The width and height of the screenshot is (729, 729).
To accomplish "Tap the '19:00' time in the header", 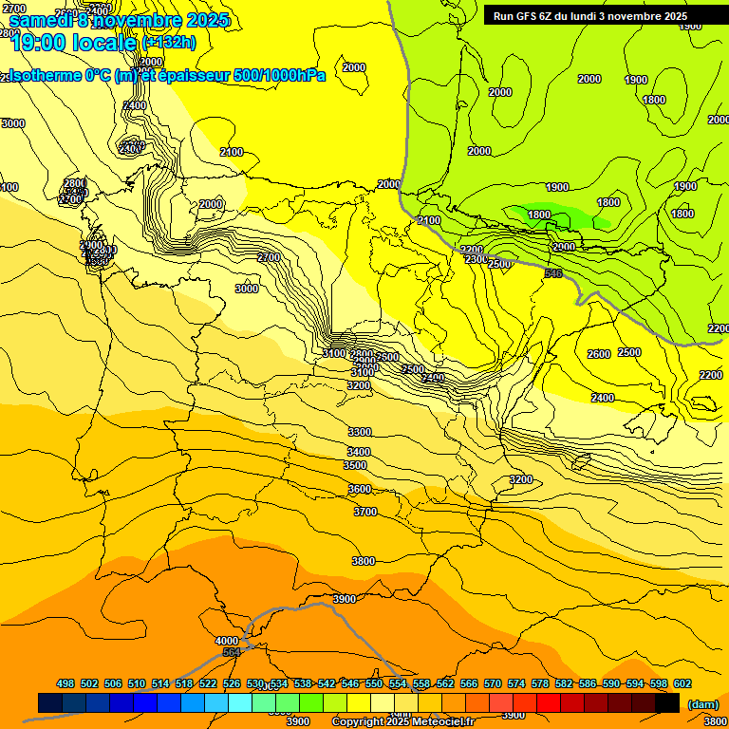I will click(x=37, y=42).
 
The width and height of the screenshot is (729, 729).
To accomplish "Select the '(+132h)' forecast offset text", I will click(x=169, y=42).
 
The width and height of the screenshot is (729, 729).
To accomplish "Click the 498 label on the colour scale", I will click(x=65, y=683).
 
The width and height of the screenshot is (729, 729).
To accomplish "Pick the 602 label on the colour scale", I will click(x=682, y=683).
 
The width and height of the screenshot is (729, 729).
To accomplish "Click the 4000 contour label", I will click(x=227, y=641).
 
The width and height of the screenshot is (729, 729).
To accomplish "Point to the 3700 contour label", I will click(x=365, y=512).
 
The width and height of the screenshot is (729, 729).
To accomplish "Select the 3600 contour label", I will click(x=360, y=489).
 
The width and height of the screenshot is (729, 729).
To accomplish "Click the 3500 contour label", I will click(x=355, y=466).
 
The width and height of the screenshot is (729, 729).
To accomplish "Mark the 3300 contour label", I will click(x=360, y=432).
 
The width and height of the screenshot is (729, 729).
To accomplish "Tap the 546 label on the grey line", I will click(x=553, y=273).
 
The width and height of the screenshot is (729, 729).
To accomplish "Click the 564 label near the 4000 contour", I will click(x=231, y=652).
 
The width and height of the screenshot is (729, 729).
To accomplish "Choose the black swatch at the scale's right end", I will click(x=667, y=703).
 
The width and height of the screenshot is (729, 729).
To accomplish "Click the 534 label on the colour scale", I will click(x=279, y=683).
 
